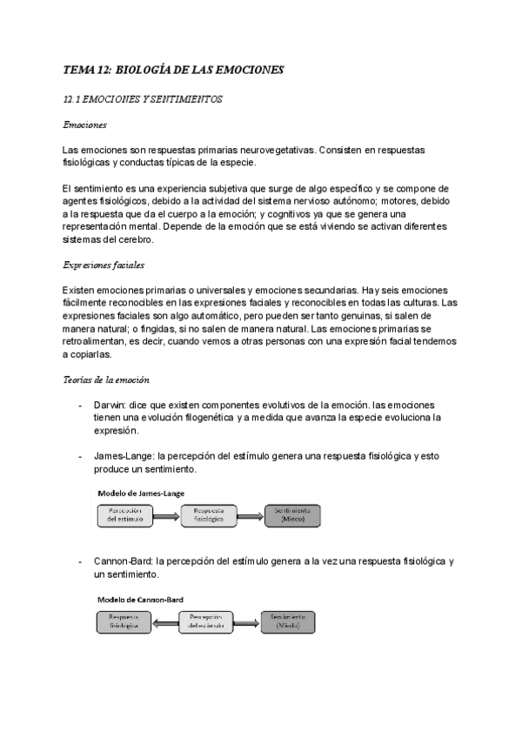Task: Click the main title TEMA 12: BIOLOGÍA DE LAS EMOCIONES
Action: pyautogui.click(x=174, y=70)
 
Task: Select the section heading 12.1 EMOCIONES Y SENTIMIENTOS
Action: pyautogui.click(x=144, y=99)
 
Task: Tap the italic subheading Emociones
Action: pyautogui.click(x=84, y=125)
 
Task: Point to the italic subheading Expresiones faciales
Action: pyautogui.click(x=104, y=265)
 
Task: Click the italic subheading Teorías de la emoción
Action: pyautogui.click(x=106, y=380)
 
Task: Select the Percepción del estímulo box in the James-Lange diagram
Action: pyautogui.click(x=124, y=515)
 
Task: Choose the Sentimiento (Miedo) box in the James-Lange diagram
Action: pyautogui.click(x=292, y=515)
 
